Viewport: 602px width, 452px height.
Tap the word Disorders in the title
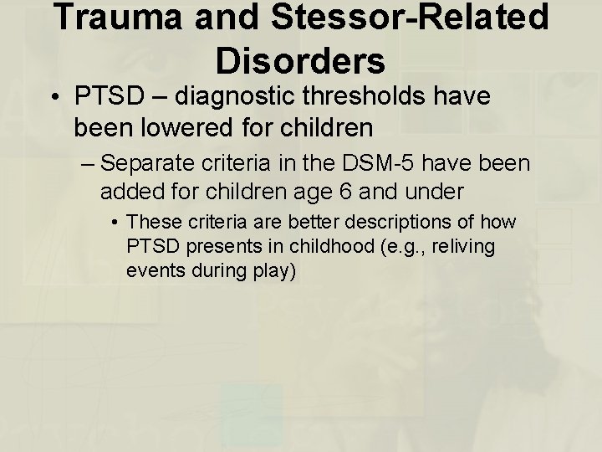tap(300, 59)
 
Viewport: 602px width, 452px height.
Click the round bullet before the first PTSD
tap(54, 99)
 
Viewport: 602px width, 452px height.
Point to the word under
tap(436, 192)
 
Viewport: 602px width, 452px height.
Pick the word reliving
tap(464, 248)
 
